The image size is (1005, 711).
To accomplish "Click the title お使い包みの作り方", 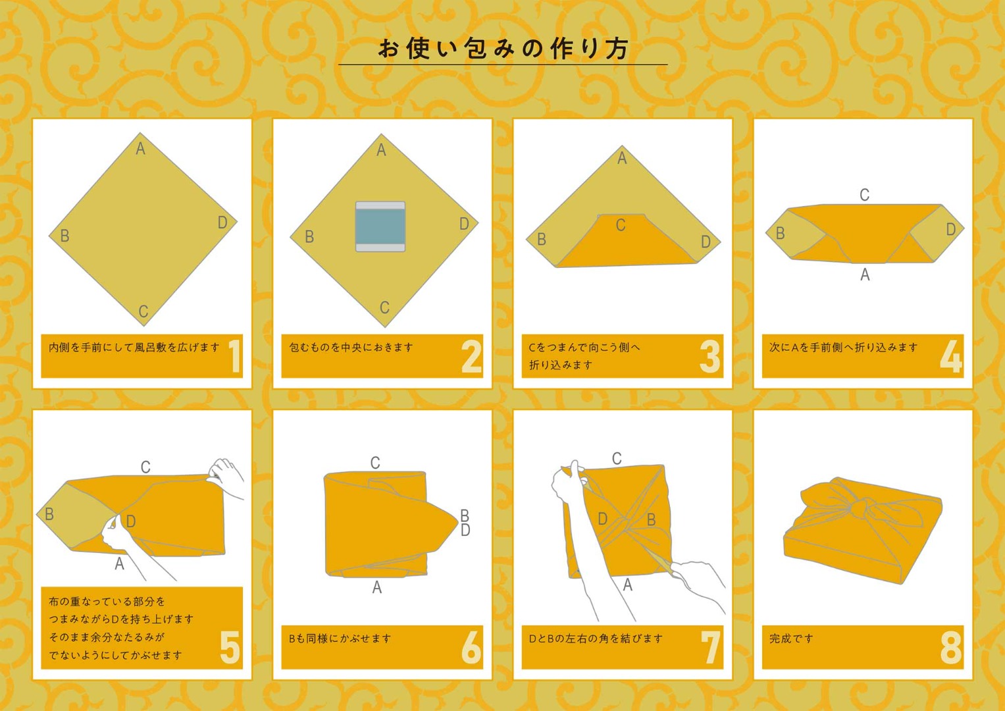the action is (503, 49).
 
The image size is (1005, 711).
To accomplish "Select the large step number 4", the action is (951, 356).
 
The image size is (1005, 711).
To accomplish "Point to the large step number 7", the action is (711, 647).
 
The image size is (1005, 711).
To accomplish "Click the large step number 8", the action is (951, 647).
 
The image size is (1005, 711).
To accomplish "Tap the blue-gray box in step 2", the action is (380, 226).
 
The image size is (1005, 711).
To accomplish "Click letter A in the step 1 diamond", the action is (140, 148).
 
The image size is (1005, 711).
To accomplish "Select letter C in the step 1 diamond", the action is (143, 311).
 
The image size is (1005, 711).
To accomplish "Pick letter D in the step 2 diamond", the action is (465, 224).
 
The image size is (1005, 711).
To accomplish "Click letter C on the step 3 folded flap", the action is (621, 225).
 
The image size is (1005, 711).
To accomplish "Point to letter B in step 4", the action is (780, 233).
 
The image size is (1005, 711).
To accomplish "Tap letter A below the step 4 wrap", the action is (865, 275).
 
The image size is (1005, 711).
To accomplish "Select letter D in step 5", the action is (130, 521).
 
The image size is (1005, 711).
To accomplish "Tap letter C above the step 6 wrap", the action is (375, 463).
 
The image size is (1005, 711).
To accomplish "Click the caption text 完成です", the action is (791, 639).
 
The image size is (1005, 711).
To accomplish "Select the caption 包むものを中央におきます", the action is (350, 348).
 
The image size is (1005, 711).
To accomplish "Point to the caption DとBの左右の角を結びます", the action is (596, 639).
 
